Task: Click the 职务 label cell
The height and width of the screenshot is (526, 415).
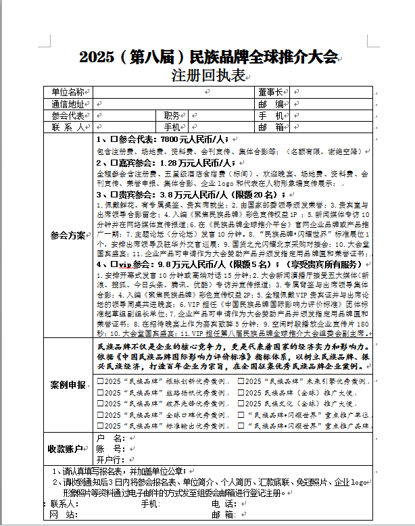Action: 172,116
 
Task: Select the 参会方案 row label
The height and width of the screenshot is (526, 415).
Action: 68,235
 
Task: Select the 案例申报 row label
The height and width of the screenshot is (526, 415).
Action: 68,385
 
